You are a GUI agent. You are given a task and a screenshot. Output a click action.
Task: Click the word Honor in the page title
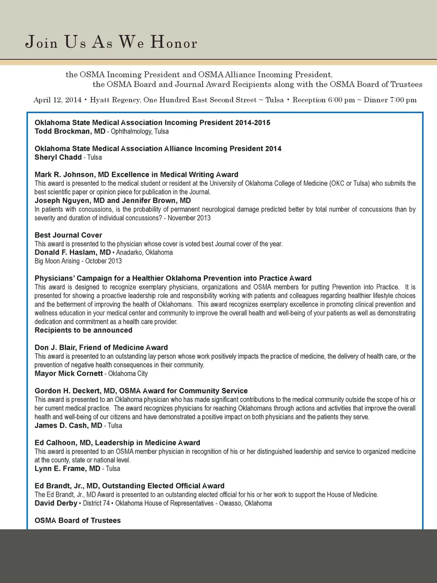point(174,43)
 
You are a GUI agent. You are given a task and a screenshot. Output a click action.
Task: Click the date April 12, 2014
point(57,100)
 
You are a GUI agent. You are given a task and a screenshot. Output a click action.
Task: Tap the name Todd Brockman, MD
point(70,132)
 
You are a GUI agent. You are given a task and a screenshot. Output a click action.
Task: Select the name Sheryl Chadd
point(58,158)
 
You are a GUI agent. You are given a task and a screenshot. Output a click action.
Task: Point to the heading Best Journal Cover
point(68,235)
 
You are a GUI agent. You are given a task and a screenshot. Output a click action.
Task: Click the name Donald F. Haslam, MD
point(72,253)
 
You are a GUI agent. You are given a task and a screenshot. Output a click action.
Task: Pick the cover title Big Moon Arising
point(57,261)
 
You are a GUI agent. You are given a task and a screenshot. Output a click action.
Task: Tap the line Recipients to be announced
point(83,331)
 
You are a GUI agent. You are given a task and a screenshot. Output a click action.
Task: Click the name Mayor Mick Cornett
point(68,374)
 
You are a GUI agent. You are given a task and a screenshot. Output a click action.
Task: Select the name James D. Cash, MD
point(68,426)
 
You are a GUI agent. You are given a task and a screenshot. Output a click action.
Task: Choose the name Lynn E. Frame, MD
point(67,469)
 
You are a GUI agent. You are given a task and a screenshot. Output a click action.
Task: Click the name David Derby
point(56,504)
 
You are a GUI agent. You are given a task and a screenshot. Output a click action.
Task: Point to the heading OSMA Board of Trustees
point(77,521)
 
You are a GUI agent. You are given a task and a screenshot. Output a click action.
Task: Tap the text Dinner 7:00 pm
point(390,100)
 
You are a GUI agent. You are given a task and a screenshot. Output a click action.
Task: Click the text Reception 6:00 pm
point(324,100)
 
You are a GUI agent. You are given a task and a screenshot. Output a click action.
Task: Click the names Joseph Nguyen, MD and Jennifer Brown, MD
point(112,201)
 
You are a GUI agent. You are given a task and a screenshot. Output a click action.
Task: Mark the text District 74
point(97,504)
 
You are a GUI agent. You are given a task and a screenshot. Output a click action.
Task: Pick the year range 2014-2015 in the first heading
point(253,123)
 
